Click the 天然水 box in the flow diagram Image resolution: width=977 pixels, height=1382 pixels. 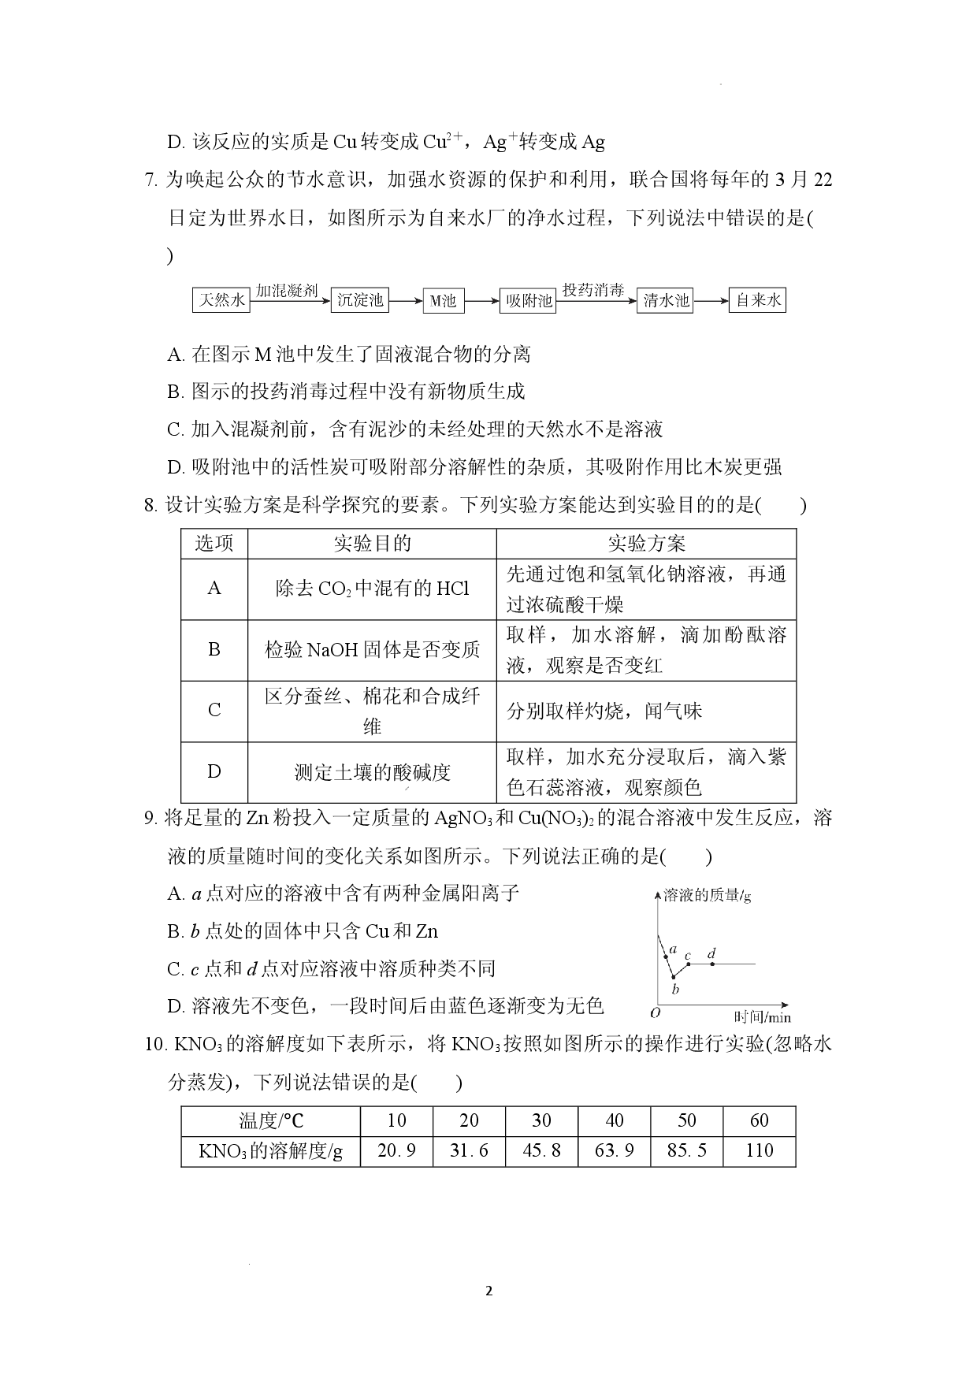coord(221,300)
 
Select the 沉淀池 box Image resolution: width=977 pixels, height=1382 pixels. coord(360,300)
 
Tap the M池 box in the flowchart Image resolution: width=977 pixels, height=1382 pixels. coord(444,300)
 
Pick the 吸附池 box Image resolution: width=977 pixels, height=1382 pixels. coord(528,300)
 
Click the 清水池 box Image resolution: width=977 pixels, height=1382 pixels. coord(665,300)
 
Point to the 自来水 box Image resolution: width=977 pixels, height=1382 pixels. coord(757,300)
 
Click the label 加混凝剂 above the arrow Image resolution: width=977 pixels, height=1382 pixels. coord(288,291)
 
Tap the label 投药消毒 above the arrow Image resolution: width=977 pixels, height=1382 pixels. coord(593,291)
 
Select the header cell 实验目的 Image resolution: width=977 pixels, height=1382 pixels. coord(372,544)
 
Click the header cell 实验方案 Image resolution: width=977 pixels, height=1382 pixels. coord(646,544)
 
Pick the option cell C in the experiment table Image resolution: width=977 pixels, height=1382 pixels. coord(214,711)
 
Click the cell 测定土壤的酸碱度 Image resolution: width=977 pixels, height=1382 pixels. coord(372,772)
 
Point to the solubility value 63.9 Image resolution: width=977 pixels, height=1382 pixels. coord(614,1150)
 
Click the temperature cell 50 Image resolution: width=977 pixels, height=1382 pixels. coord(687,1120)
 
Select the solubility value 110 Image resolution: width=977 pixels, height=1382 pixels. coord(760,1150)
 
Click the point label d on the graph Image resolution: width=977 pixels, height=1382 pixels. coord(711,954)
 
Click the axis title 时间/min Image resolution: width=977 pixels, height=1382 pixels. coord(762,1017)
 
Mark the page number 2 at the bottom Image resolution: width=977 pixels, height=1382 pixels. coord(489,1291)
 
